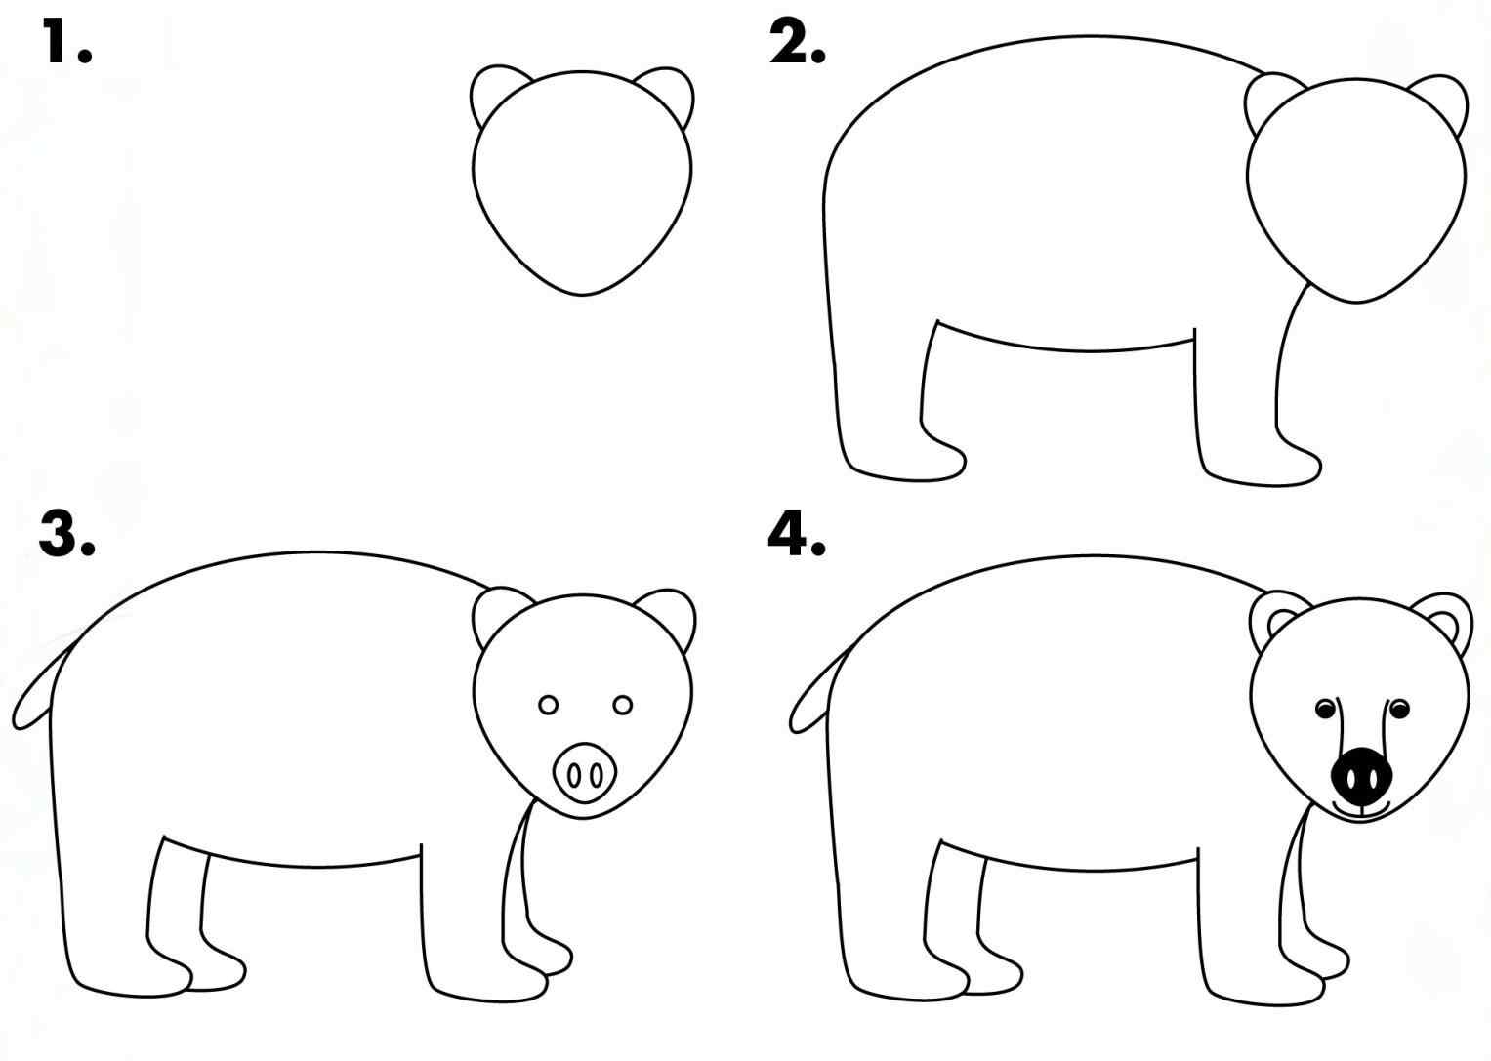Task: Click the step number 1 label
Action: tap(66, 44)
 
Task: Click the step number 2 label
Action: tap(796, 44)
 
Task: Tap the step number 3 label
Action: tap(66, 535)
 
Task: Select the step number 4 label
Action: tap(796, 535)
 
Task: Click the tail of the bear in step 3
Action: tap(35, 694)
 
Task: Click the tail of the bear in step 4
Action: tap(810, 694)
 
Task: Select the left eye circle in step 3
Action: tap(548, 705)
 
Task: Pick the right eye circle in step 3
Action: tap(623, 705)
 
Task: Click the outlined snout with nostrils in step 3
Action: tap(585, 772)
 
